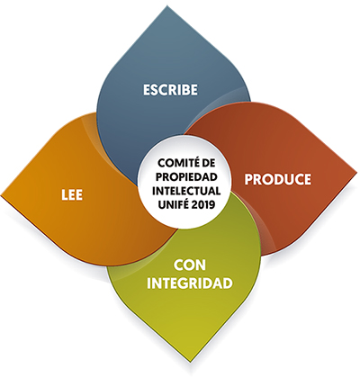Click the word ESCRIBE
point(170,90)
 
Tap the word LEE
point(72,195)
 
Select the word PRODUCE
point(278,179)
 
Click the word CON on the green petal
point(190,265)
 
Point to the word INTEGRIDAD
point(190,283)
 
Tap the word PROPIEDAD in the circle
point(186,177)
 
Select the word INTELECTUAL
point(186,191)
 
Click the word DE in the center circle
point(207,164)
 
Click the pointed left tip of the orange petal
point(2,195)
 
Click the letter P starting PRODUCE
point(248,179)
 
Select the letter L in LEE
point(65,195)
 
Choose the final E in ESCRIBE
point(194,90)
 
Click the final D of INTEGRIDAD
point(229,283)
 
